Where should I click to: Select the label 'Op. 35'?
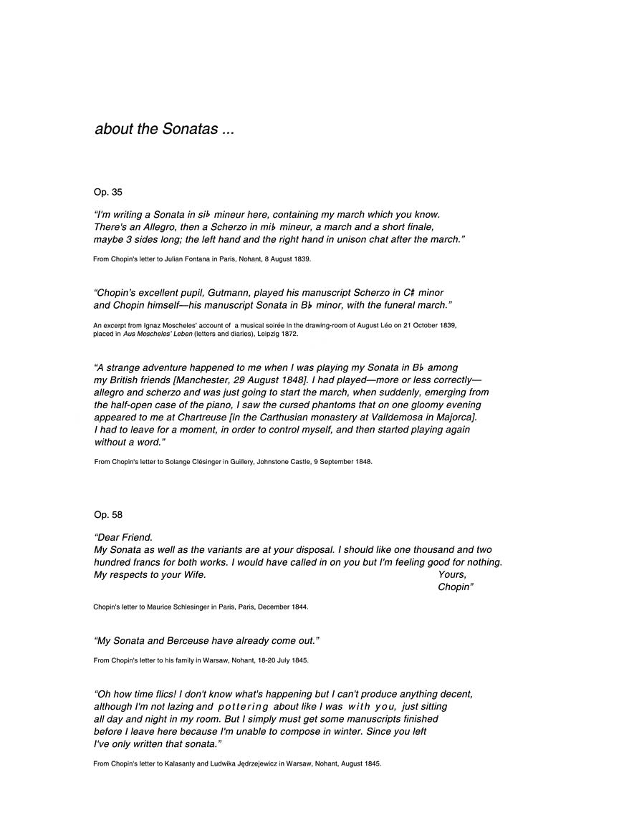click(107, 192)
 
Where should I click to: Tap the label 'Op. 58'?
click(107, 514)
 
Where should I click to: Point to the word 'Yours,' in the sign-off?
click(452, 575)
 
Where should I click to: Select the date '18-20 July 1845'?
click(283, 660)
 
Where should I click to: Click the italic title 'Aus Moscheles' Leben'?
click(157, 334)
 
